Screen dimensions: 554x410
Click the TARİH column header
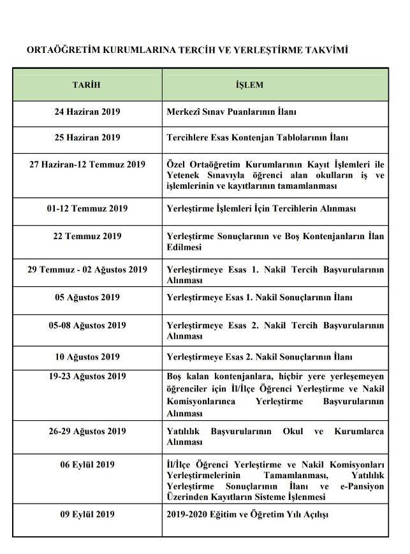[87, 84]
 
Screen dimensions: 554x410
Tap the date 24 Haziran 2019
[87, 112]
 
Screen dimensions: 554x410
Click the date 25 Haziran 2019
[87, 137]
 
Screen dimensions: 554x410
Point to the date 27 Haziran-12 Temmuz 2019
[87, 164]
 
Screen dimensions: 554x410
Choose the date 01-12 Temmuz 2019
[87, 208]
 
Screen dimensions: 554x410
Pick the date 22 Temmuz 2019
[87, 236]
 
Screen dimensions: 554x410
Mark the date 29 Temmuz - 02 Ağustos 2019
[87, 270]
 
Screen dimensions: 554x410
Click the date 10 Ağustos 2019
[87, 357]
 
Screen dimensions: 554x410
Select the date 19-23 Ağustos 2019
[87, 376]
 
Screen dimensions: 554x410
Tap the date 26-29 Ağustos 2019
[87, 432]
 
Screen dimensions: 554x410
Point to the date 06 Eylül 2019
[87, 465]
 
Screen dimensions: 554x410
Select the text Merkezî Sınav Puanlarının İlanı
[231, 112]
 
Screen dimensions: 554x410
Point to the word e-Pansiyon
[362, 486]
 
